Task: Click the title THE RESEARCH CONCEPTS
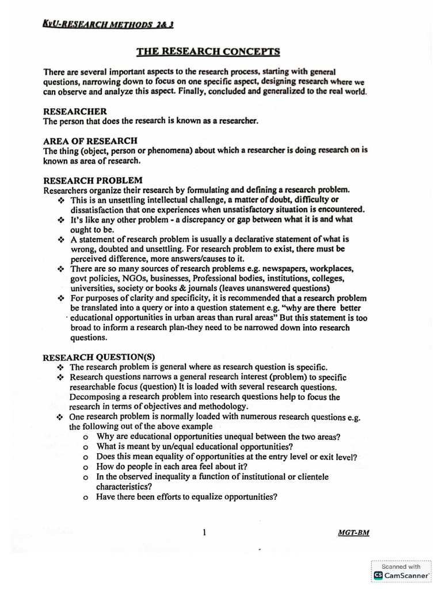pos(208,52)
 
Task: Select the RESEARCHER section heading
pos(75,111)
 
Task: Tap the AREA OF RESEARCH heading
pos(90,140)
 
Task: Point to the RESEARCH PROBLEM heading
pos(93,180)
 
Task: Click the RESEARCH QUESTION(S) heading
pos(99,357)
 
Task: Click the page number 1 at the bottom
pos(204,532)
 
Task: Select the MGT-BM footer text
pos(353,533)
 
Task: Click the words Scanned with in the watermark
pos(401,566)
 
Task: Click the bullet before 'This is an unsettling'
pos(61,200)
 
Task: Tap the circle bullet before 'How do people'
pos(85,467)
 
